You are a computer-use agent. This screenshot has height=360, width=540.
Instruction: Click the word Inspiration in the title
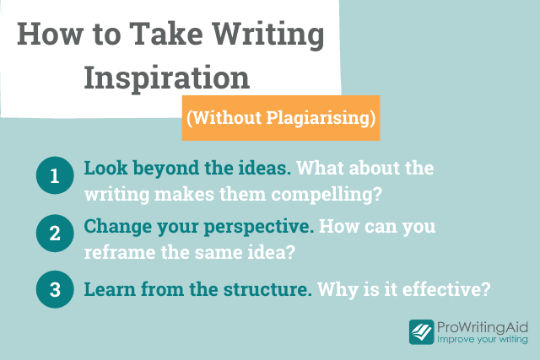[x=167, y=78]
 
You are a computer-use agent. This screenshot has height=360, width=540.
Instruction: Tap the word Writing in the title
[x=268, y=35]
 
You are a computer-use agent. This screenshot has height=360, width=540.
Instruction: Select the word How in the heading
[x=51, y=34]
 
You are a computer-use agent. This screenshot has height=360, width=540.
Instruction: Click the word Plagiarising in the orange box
[x=321, y=118]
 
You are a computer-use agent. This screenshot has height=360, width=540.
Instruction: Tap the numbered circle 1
[x=55, y=175]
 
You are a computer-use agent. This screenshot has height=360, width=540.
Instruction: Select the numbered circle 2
[x=55, y=233]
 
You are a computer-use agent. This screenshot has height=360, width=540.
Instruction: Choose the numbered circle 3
[x=55, y=289]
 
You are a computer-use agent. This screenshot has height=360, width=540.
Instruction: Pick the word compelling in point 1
[x=327, y=195]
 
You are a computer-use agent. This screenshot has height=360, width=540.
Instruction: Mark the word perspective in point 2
[x=259, y=228]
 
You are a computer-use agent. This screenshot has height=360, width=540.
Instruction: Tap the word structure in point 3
[x=267, y=289]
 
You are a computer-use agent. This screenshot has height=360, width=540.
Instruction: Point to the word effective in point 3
[x=446, y=288]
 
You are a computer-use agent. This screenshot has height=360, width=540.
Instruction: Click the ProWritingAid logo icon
[x=422, y=332]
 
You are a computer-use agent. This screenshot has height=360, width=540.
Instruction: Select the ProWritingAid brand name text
[x=483, y=327]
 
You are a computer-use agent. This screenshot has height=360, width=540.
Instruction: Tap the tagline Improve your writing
[x=483, y=340]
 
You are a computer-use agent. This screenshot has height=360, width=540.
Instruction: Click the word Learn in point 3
[x=110, y=289]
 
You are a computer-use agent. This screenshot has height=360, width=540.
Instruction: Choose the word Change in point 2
[x=118, y=228]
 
